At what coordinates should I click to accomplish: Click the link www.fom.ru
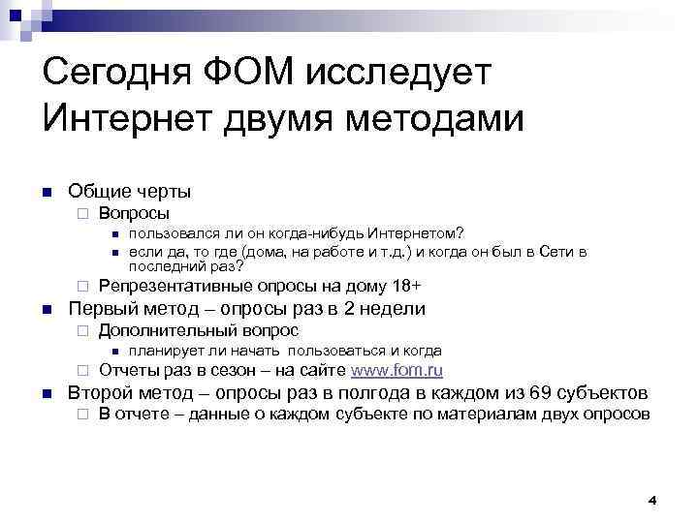tap(397, 371)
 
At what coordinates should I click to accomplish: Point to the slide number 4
tap(651, 501)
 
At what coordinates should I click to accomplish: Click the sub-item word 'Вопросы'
tap(135, 213)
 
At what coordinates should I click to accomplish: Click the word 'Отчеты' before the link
tap(130, 371)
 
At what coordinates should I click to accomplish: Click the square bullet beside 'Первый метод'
tap(47, 310)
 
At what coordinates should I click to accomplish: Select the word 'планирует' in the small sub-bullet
tap(168, 351)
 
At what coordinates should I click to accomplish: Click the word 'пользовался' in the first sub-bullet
tap(179, 234)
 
